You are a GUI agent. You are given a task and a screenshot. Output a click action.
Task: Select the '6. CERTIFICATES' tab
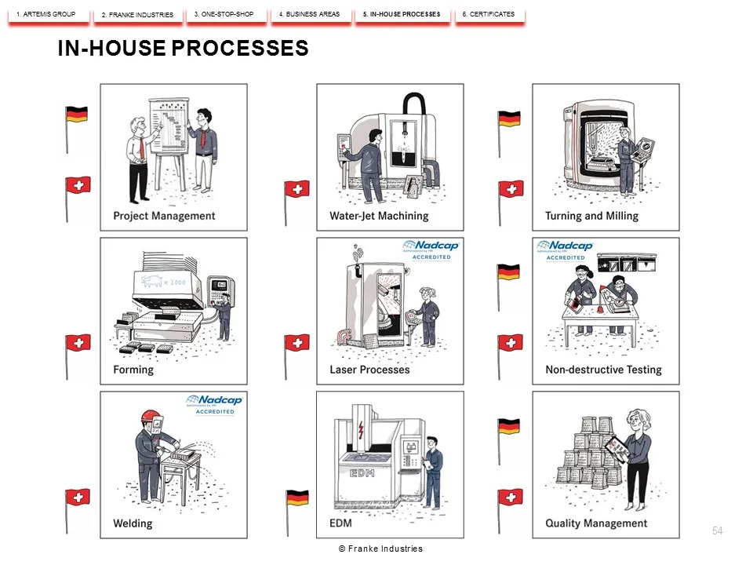(x=489, y=15)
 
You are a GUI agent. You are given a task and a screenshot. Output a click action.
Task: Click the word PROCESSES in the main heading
(x=240, y=48)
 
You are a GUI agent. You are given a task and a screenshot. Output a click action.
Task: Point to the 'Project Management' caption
(x=164, y=217)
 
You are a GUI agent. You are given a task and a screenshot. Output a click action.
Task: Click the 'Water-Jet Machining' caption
(x=379, y=217)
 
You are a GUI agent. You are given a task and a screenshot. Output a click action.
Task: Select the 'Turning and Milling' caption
(x=591, y=217)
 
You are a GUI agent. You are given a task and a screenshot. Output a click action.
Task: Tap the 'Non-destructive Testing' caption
(x=604, y=370)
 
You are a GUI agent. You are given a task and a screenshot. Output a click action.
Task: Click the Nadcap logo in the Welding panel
(x=215, y=405)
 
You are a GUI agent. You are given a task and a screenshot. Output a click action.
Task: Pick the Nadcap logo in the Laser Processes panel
(x=431, y=250)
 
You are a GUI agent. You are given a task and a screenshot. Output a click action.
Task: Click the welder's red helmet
(x=151, y=416)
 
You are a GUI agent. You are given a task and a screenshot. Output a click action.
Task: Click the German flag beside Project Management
(x=76, y=115)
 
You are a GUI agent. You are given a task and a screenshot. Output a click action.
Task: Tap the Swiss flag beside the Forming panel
(x=78, y=343)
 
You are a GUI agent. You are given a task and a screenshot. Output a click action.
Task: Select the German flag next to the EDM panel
(x=298, y=498)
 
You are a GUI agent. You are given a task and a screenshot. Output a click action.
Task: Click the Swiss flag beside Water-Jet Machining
(x=296, y=189)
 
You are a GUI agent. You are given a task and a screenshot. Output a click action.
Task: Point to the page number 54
(x=718, y=531)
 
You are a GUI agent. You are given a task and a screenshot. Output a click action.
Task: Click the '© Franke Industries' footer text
(x=381, y=549)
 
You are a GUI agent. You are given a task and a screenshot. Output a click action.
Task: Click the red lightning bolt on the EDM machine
(x=361, y=430)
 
